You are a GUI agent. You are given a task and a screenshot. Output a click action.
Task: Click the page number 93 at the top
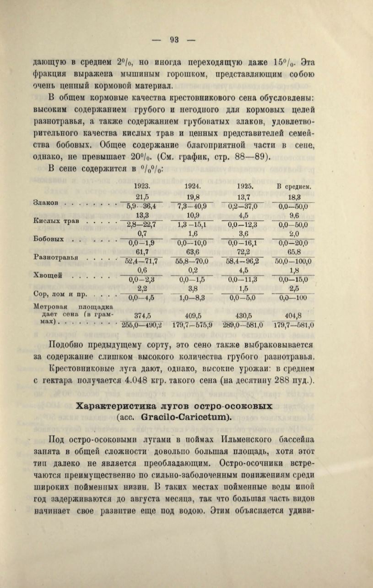tap(174, 40)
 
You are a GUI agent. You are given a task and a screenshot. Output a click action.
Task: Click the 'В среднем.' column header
tap(294, 186)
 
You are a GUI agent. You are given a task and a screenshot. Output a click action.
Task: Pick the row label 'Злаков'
tap(47, 201)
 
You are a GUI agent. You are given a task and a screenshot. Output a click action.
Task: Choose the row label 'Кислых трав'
tap(54, 221)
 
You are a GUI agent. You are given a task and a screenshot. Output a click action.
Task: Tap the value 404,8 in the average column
tap(294, 315)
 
